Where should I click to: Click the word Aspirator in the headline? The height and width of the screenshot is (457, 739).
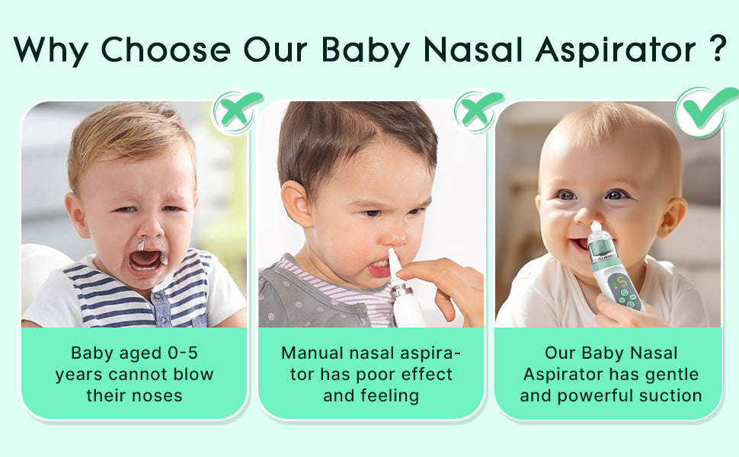point(616,49)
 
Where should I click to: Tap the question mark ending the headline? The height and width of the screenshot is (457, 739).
point(718,48)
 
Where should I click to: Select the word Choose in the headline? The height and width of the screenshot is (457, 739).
point(165,49)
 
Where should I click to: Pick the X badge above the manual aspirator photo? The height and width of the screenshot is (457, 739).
point(478,112)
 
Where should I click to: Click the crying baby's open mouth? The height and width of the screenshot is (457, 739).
point(146,260)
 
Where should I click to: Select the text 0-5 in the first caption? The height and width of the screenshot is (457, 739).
point(183,353)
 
